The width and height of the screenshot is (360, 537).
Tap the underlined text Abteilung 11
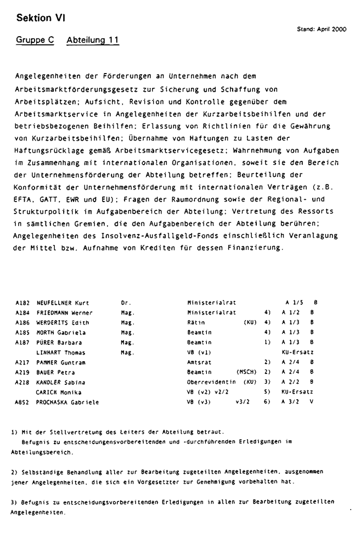pos(92,41)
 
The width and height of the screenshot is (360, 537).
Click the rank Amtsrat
pos(200,362)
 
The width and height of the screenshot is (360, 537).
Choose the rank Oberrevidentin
pos(211,382)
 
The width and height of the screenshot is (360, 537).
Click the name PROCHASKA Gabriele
pos(67,402)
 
